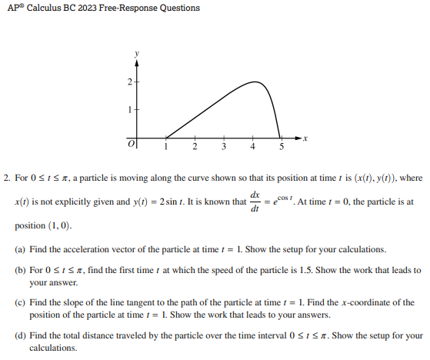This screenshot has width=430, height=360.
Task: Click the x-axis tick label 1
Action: click(x=165, y=146)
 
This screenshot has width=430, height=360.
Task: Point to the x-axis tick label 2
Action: click(x=195, y=146)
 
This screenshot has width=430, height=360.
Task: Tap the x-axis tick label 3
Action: click(x=224, y=146)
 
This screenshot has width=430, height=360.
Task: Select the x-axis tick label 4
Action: click(x=252, y=146)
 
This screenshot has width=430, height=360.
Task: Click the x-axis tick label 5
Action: click(x=282, y=146)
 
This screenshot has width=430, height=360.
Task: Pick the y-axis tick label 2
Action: click(x=129, y=81)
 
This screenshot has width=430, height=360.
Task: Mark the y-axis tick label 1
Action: click(x=129, y=109)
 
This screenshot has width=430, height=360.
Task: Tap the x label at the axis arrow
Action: click(x=305, y=138)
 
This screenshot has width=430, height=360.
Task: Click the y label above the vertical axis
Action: click(x=137, y=53)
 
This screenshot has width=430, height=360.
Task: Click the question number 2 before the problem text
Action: click(x=7, y=178)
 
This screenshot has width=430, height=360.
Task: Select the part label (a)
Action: click(x=20, y=251)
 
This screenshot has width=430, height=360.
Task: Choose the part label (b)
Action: click(x=20, y=270)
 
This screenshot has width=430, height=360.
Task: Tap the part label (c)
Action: click(x=20, y=302)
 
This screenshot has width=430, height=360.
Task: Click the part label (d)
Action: click(x=20, y=335)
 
